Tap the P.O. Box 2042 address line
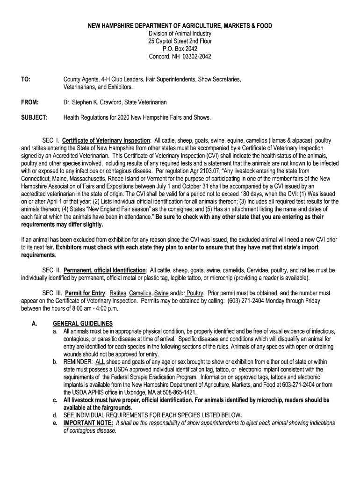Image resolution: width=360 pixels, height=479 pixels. (180, 49)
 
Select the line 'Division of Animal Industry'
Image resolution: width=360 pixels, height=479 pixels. (180, 33)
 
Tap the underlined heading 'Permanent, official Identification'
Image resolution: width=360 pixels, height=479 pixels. (104, 270)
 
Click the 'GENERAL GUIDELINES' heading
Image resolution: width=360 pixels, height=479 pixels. (83, 323)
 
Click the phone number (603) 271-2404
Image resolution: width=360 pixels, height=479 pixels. (245, 301)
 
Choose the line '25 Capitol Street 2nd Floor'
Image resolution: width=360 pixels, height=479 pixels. (180, 41)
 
